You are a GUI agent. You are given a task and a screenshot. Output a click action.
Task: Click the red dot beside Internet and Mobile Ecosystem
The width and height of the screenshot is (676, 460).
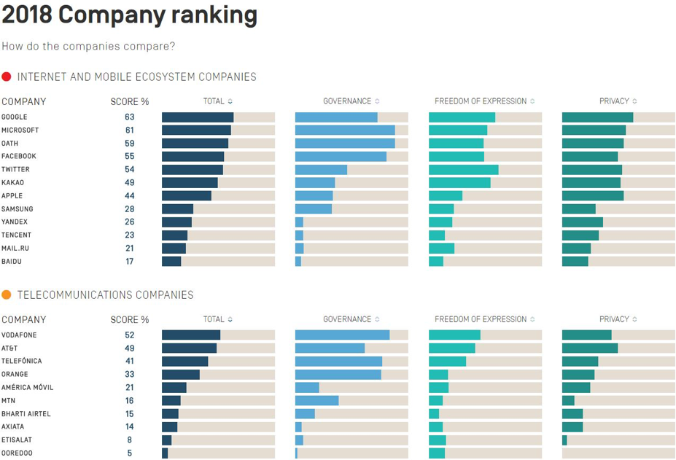click(x=7, y=77)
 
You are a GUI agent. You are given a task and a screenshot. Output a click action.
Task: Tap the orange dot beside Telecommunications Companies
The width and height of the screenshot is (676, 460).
click(x=7, y=295)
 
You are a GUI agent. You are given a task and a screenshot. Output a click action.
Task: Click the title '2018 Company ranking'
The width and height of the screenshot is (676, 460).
click(x=129, y=15)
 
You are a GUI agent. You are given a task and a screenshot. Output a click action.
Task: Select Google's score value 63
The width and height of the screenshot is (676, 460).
click(x=130, y=117)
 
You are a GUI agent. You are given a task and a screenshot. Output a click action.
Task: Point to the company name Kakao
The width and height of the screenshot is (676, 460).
click(x=12, y=182)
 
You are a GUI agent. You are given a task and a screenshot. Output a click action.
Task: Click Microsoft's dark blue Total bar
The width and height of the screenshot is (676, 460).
click(x=196, y=130)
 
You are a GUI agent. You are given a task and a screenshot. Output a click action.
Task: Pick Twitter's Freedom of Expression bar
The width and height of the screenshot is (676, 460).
click(x=463, y=169)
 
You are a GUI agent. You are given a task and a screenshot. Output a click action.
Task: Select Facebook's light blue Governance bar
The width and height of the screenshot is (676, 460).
click(x=341, y=156)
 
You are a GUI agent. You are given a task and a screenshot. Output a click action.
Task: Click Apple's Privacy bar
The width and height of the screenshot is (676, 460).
click(x=593, y=195)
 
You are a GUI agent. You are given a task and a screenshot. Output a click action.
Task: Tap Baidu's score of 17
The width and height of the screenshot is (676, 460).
click(x=130, y=261)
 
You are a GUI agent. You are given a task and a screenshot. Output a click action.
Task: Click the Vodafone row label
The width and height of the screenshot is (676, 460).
click(x=19, y=335)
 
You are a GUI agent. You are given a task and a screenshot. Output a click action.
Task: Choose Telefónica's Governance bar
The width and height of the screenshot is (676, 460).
click(x=338, y=361)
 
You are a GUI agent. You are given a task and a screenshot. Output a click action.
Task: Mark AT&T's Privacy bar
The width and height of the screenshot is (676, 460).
click(x=590, y=348)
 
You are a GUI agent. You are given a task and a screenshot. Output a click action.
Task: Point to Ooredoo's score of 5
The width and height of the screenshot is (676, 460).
click(x=130, y=453)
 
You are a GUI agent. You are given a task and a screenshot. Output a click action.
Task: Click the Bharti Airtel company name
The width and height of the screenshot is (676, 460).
click(x=26, y=413)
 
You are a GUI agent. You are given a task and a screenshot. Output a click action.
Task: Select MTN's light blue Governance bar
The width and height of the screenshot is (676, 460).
click(x=316, y=400)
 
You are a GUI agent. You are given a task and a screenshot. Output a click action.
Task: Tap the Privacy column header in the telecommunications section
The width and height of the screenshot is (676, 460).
click(x=614, y=319)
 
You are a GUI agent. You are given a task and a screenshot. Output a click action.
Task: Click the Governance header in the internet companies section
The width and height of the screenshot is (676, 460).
click(x=347, y=101)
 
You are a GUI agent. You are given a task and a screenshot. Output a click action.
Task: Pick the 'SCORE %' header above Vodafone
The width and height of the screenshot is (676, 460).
click(x=130, y=319)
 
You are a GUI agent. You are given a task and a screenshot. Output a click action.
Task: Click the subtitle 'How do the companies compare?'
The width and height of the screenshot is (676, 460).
click(x=88, y=46)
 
